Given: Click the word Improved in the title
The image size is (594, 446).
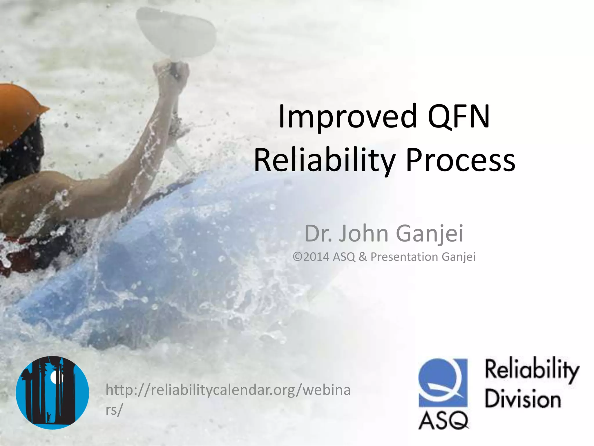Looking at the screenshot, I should [347, 117].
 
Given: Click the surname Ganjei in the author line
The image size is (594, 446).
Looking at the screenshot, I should [430, 234].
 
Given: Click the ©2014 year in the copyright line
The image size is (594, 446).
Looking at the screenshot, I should [311, 257].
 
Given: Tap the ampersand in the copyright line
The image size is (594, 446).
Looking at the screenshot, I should [363, 257].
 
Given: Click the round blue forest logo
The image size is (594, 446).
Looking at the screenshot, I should [52, 393].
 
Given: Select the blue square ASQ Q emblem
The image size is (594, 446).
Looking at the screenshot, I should [443, 383].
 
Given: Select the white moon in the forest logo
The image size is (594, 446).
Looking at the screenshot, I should [55, 377].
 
